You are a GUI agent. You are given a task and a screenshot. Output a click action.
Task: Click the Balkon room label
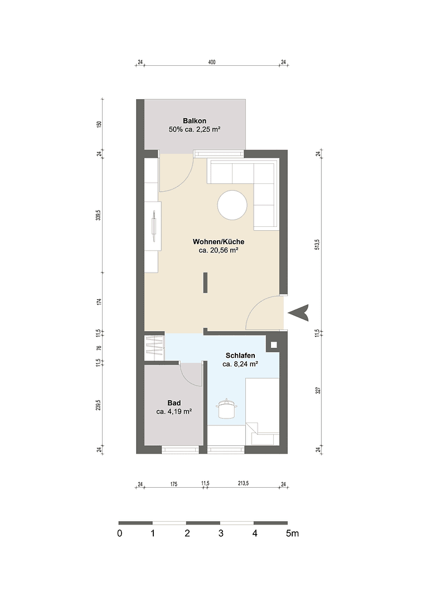click(x=195, y=121)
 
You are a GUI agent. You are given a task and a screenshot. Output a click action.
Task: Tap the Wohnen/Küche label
click(x=218, y=242)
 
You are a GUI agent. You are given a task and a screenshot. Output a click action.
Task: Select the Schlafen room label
click(x=240, y=356)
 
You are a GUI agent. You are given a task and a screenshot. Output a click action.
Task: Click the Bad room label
click(x=174, y=403)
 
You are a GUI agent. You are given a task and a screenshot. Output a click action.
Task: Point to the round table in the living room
click(x=232, y=206)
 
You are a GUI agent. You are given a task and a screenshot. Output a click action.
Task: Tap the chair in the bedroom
click(x=226, y=409)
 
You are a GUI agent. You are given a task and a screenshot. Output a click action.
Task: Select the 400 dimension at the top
click(x=212, y=62)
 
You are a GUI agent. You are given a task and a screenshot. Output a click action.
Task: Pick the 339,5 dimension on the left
click(x=99, y=214)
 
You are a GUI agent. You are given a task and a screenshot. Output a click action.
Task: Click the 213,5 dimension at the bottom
click(x=243, y=484)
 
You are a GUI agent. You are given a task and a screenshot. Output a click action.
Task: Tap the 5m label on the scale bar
click(x=292, y=533)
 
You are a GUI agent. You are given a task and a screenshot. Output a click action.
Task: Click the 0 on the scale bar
click(x=120, y=533)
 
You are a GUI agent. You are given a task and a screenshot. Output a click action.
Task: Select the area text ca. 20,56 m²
click(x=219, y=251)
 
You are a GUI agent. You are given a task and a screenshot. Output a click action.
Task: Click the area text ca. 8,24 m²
click(x=240, y=365)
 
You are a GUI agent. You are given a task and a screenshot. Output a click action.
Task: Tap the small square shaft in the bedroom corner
click(x=274, y=345)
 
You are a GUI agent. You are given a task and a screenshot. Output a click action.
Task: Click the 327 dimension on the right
click(x=317, y=390)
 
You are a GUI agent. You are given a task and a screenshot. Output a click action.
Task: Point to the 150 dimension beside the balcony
click(x=99, y=124)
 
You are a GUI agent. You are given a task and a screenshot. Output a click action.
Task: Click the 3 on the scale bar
click(x=221, y=533)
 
